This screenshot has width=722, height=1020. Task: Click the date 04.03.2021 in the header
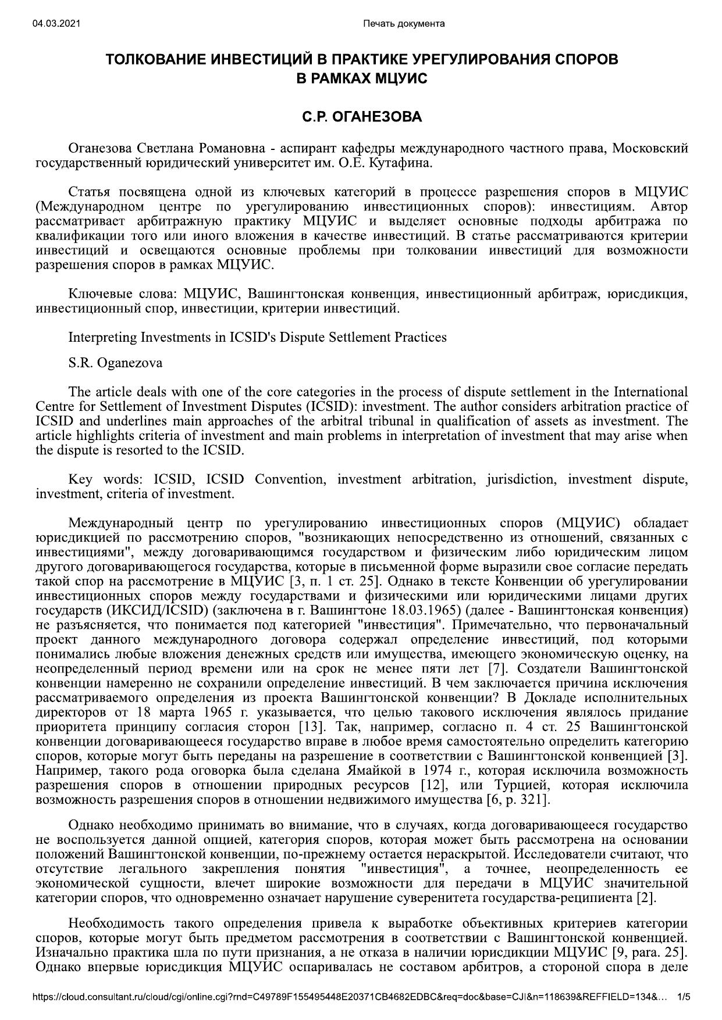tap(56, 23)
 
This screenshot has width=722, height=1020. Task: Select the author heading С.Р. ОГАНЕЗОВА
tap(361, 117)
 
